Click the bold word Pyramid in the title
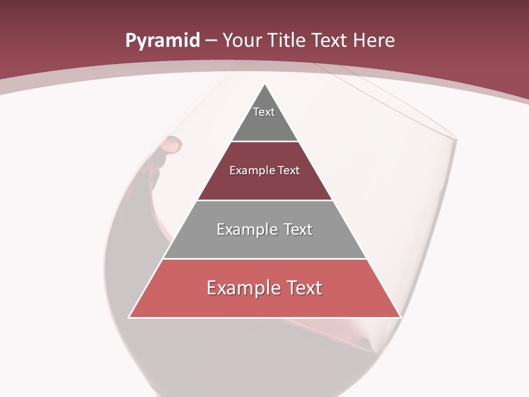tap(162, 41)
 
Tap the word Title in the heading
tap(288, 41)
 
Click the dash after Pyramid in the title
tap(211, 41)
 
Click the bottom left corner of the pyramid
tap(129, 317)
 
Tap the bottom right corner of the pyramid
tap(400, 317)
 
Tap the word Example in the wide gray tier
tap(246, 230)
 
